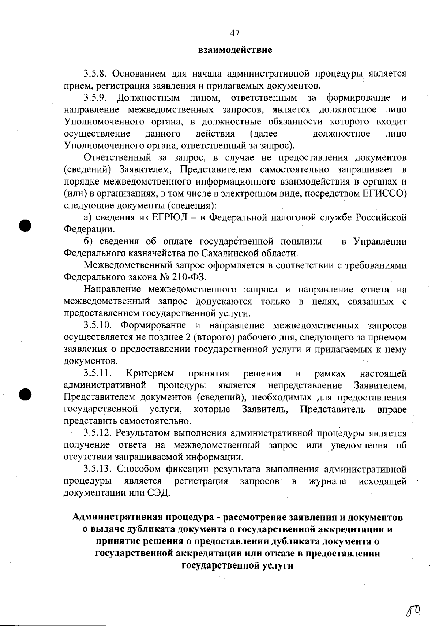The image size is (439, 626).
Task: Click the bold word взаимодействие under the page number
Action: pyautogui.click(x=235, y=49)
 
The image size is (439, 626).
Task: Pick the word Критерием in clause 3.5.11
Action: pyautogui.click(x=150, y=373)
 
